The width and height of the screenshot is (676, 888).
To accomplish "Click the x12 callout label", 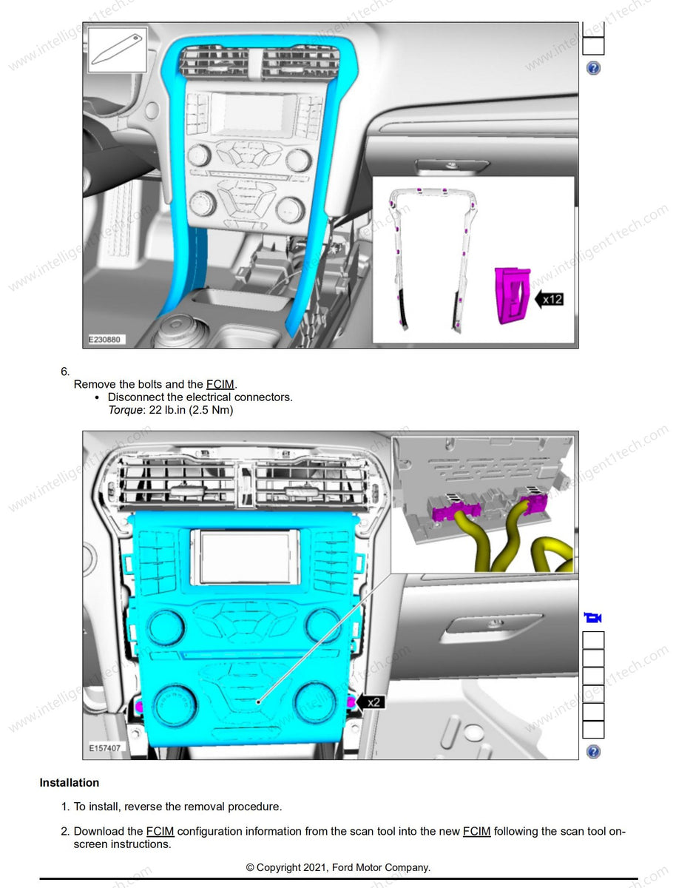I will click(x=552, y=299).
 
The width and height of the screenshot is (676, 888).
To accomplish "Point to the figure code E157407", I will click(x=104, y=748).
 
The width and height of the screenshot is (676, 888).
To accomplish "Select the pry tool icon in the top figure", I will click(x=118, y=50).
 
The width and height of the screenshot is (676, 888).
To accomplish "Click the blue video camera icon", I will click(x=592, y=618).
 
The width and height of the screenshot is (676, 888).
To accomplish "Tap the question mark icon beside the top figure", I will click(x=593, y=68).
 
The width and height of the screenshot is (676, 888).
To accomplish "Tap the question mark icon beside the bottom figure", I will click(x=593, y=752).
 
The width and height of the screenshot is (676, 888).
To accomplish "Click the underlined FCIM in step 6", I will click(x=220, y=384).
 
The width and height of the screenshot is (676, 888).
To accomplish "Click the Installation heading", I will click(x=69, y=783).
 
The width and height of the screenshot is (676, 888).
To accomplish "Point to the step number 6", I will click(x=65, y=371).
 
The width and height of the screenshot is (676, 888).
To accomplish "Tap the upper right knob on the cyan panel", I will click(x=322, y=626).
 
